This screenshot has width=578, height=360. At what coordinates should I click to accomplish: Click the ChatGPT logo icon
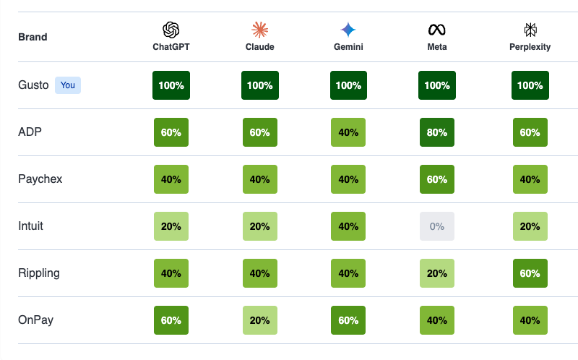pos(171,30)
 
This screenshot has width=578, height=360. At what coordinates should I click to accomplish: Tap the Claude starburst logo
pos(260,30)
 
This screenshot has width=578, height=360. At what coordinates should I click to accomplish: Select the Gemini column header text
pos(348,47)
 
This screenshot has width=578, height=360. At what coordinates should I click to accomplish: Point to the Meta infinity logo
pos(437,30)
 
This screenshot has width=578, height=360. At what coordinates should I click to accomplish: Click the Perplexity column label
pos(530,47)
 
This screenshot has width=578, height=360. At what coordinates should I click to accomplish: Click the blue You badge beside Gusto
pos(67,85)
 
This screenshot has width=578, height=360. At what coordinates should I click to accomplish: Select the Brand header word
pos(33,37)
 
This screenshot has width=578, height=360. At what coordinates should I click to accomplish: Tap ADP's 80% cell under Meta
pos(437,132)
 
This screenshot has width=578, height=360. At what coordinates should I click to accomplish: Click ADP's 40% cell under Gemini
pos(348,132)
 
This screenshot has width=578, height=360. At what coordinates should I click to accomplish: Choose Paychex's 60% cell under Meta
pos(437,179)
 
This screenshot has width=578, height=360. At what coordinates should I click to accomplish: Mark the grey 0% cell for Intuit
pos(437,226)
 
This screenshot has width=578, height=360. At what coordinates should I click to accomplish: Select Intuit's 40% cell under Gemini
pos(348,226)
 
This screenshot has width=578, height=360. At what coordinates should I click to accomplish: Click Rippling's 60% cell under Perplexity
pos(530,273)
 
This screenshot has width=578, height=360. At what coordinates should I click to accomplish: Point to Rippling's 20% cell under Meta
pos(437,273)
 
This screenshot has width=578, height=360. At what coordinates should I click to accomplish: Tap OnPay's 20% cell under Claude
pos(260,320)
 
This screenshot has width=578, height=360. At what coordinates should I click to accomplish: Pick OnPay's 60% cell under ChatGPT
pos(171,320)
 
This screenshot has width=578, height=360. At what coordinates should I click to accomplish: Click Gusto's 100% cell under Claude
pos(260,85)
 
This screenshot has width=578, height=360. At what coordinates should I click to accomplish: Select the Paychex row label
pos(40,179)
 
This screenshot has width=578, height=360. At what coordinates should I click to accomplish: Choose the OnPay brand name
pos(35,320)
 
